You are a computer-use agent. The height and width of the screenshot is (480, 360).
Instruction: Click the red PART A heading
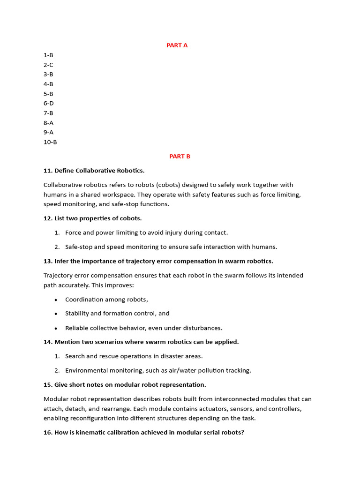click(177, 45)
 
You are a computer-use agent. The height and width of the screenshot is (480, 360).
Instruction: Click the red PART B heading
click(180, 157)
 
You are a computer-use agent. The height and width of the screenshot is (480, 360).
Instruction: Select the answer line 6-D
click(49, 103)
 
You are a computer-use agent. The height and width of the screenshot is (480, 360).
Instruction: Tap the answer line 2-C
click(48, 65)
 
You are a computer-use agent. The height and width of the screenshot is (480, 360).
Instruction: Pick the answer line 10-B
click(50, 142)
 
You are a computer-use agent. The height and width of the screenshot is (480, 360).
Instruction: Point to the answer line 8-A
click(48, 123)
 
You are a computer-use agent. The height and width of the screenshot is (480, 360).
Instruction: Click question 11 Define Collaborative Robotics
click(94, 171)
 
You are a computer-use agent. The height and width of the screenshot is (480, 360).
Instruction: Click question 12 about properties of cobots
click(93, 218)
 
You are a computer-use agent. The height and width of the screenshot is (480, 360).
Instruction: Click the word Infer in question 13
click(62, 261)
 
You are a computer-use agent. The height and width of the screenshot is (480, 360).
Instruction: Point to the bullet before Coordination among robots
click(56, 300)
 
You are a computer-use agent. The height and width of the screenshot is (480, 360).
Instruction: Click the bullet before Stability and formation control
click(56, 314)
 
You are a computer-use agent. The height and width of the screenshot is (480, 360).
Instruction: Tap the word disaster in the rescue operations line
click(173, 356)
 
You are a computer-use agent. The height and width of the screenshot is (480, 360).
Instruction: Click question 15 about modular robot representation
click(125, 385)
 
